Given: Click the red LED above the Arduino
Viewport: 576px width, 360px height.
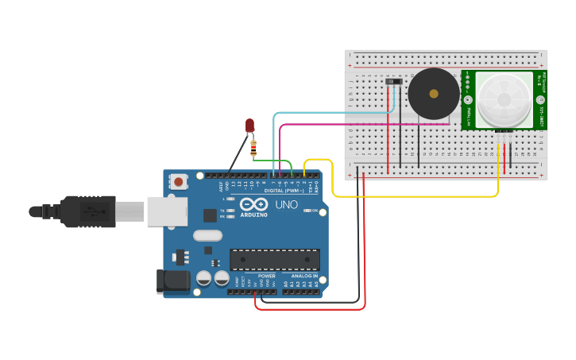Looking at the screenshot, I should tap(249, 125).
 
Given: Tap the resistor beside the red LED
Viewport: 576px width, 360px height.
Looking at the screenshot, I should tap(253, 146).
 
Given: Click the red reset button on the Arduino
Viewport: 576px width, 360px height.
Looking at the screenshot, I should tap(179, 182).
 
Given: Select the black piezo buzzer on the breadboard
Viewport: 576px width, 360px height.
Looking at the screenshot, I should tap(433, 94).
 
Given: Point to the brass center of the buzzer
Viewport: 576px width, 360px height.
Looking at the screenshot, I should tap(433, 94).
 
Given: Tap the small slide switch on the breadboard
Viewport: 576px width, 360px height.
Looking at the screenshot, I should tap(393, 81).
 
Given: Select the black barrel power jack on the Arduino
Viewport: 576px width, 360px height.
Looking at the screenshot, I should tap(175, 281).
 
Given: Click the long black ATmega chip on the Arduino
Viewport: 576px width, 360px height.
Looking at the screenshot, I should tap(275, 260).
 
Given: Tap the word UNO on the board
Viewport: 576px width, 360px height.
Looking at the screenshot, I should tap(286, 205).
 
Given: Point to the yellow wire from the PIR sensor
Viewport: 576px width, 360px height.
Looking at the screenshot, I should tap(413, 195).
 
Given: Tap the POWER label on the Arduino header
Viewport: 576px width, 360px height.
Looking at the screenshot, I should tap(266, 276).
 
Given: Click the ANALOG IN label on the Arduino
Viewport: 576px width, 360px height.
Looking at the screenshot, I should tap(303, 276).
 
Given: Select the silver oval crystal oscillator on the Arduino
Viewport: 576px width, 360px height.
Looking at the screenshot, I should tap(207, 235).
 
